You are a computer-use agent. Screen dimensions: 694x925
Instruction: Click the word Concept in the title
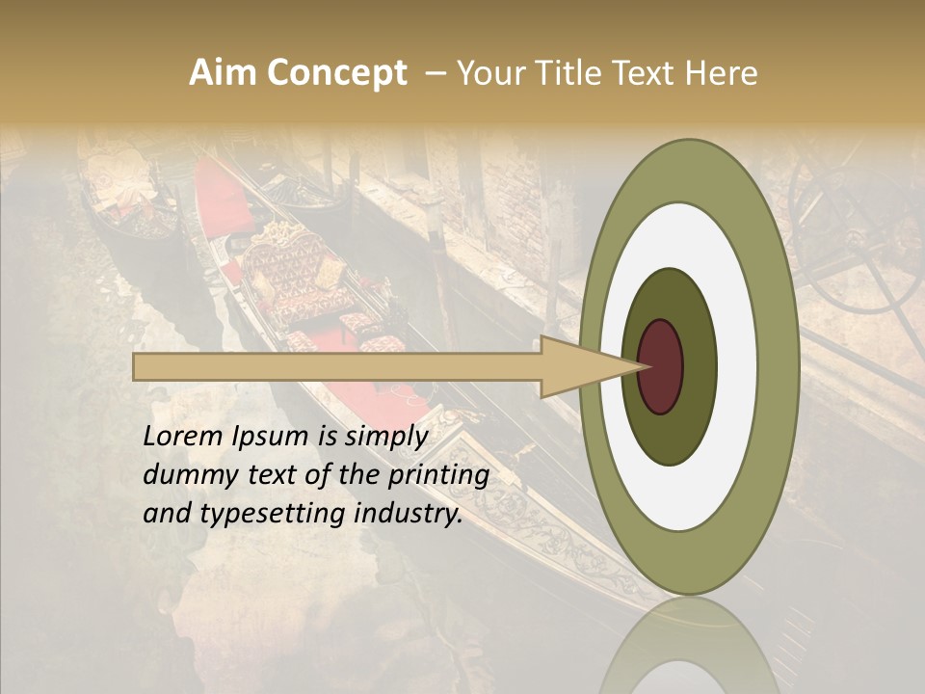coord(336,73)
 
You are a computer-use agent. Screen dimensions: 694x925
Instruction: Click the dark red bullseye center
coord(661,366)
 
